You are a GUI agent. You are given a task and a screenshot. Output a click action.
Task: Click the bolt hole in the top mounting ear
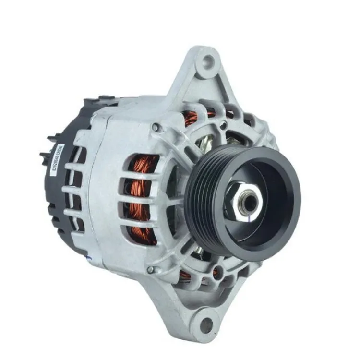(207, 61)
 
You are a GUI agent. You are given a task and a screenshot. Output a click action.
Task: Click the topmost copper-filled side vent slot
(143, 166)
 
